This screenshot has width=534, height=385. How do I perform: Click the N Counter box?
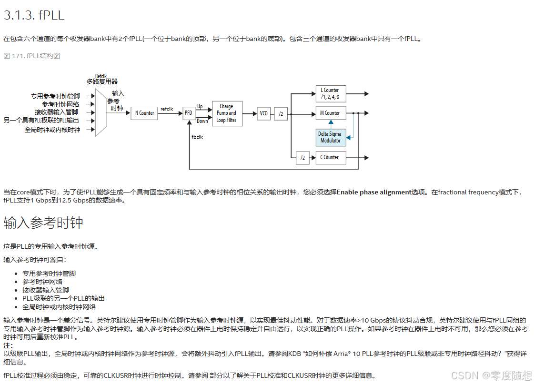144,113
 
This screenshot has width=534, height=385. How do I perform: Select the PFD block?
189,113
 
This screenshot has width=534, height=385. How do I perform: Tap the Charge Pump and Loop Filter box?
227,113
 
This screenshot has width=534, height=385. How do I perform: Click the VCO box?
263,113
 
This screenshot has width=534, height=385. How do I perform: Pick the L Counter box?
331,93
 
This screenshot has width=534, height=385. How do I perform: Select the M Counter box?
331,113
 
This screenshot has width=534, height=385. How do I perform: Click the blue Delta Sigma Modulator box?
331,137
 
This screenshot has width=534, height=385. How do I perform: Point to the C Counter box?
331,157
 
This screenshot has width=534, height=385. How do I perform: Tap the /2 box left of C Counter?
302,158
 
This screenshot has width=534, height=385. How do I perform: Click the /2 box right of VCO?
281,113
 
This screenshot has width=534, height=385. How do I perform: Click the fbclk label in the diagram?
197,137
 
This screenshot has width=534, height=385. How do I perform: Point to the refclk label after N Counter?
167,109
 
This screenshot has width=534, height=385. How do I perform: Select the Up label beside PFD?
200,106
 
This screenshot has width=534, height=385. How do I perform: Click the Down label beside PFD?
202,121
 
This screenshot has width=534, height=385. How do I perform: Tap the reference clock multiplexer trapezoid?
101,112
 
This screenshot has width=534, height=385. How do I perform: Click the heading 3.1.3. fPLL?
34,15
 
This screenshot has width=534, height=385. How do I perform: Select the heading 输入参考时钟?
43,223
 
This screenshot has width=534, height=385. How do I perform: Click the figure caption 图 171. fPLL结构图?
32,56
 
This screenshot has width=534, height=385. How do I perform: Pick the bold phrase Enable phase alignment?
374,192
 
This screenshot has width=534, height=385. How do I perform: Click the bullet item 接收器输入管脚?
46,290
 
